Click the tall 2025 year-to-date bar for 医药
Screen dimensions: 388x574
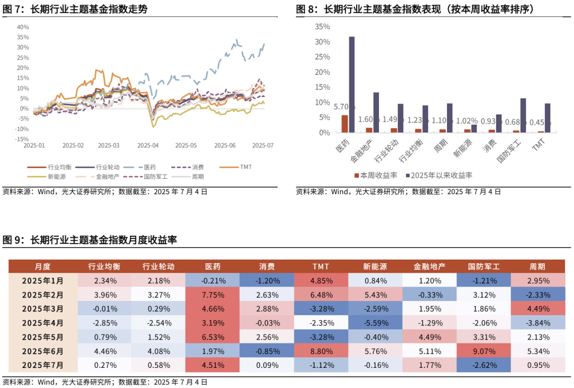point(352,85)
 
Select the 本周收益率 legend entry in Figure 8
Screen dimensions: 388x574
point(372,175)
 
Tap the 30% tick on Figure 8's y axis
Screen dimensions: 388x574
point(323,42)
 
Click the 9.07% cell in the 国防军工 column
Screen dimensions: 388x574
point(483,351)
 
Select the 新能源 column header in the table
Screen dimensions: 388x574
point(375,266)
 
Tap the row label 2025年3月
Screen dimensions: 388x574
point(43,308)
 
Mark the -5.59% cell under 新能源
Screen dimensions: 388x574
point(375,323)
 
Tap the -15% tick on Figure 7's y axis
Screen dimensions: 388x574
point(23,139)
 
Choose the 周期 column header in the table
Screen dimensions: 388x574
point(537,266)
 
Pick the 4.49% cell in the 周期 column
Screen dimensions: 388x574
point(537,308)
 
